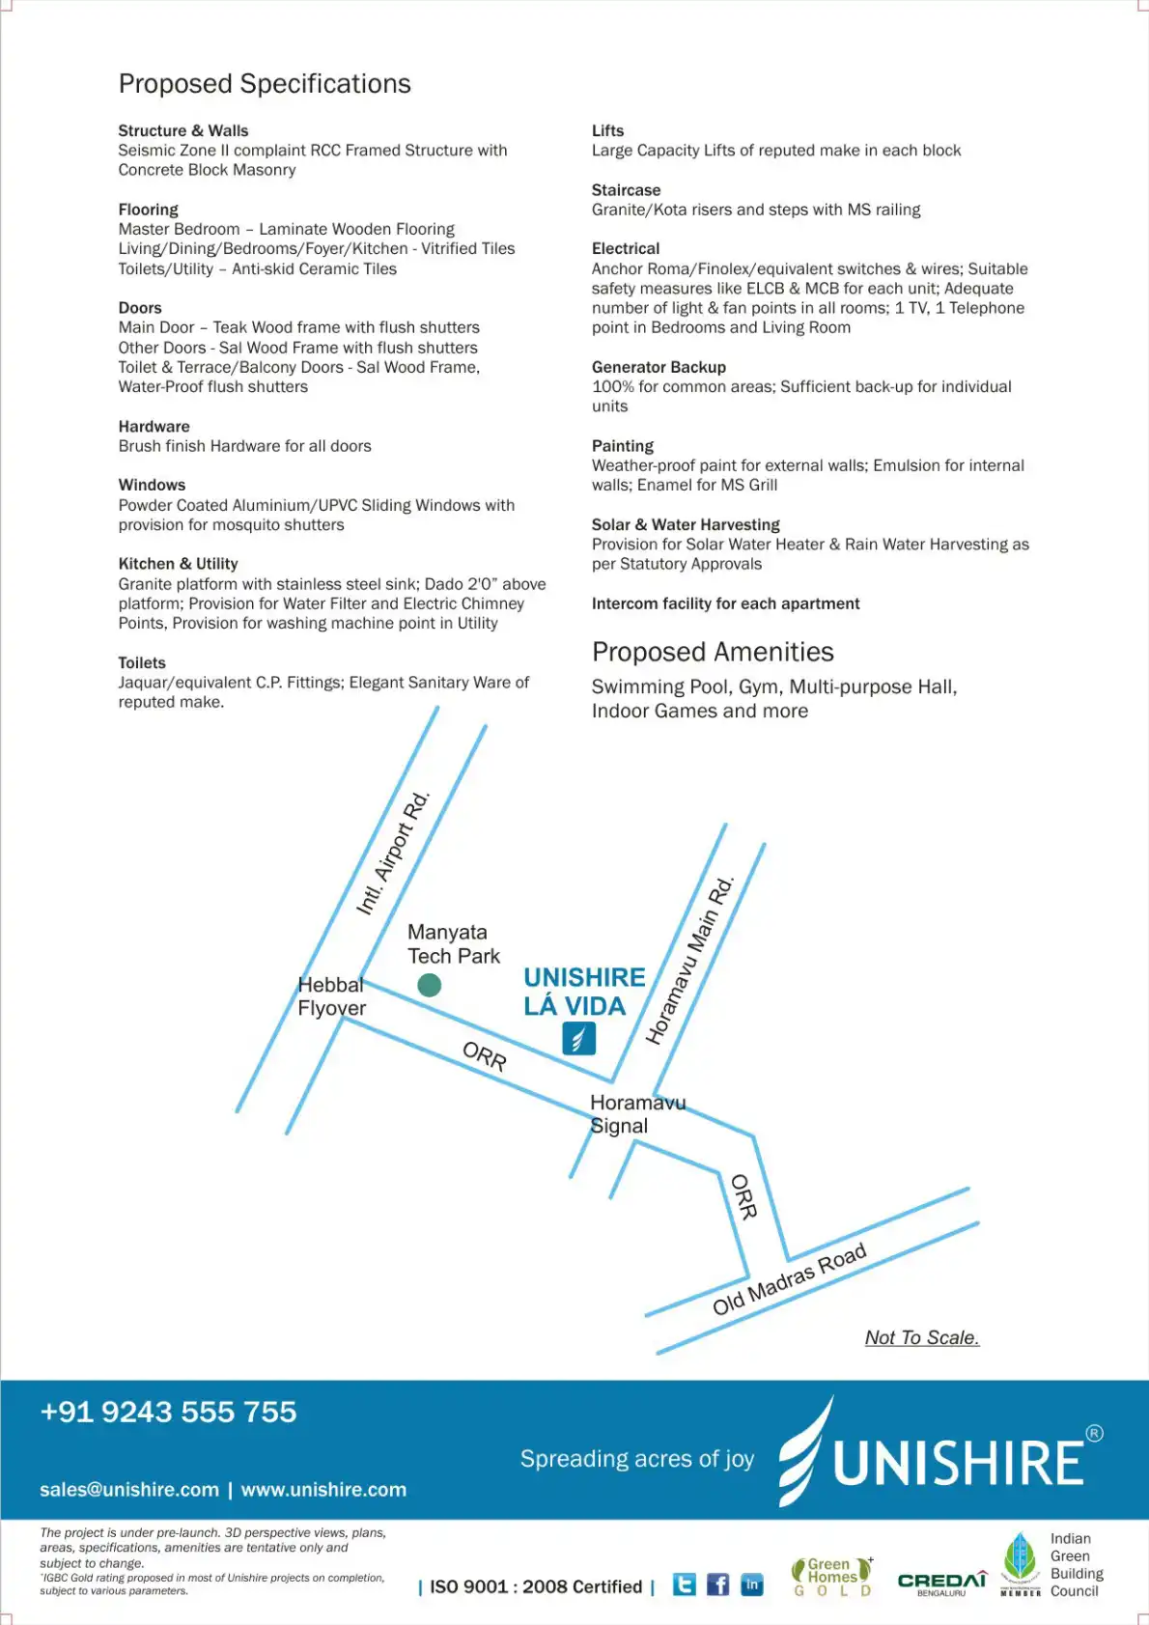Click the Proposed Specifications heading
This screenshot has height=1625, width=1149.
click(265, 84)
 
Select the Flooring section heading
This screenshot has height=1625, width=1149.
click(149, 210)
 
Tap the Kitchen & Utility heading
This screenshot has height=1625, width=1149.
click(179, 564)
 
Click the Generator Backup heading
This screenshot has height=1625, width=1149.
click(659, 367)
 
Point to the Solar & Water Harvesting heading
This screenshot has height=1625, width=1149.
click(686, 524)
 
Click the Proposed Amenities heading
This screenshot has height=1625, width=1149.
click(713, 652)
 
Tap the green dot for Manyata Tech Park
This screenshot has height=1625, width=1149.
click(429, 985)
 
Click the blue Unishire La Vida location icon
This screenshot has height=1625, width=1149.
click(578, 1039)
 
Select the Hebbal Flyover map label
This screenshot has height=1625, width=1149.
click(331, 996)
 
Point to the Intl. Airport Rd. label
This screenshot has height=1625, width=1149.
click(393, 854)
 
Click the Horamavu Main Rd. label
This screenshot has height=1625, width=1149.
click(690, 961)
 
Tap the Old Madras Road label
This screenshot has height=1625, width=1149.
click(789, 1280)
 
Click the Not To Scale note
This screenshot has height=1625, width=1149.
click(921, 1337)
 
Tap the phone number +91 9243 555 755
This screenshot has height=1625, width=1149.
click(168, 1412)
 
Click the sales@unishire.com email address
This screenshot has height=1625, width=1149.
click(129, 1490)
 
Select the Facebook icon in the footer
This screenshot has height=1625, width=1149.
click(717, 1584)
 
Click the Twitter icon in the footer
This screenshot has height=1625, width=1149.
click(684, 1584)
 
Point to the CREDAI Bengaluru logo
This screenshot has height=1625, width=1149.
click(941, 1583)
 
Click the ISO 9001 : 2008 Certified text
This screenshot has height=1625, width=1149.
click(536, 1586)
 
